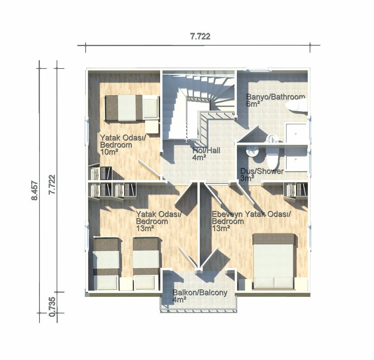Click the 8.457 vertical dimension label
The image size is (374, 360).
click(x=35, y=191)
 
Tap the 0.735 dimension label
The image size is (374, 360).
click(x=52, y=307)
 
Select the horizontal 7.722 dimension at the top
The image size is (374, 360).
click(x=200, y=37)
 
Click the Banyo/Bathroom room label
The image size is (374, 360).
click(x=276, y=97)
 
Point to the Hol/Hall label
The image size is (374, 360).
click(x=206, y=150)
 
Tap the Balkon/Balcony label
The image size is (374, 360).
click(x=200, y=293)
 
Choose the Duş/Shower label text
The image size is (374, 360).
click(x=262, y=171)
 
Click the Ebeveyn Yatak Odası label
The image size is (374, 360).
click(x=251, y=214)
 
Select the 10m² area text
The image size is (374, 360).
click(x=109, y=152)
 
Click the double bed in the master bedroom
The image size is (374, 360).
click(x=274, y=261)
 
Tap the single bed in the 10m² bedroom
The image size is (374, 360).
click(x=132, y=108)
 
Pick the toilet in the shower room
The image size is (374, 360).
click(x=273, y=158)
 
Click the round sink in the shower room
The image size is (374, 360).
click(x=252, y=152)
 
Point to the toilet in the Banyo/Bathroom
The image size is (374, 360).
click(x=297, y=105)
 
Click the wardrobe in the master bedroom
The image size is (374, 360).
click(x=295, y=191)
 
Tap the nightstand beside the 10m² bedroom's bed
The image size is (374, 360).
click(x=152, y=127)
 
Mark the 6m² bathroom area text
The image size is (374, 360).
click(x=253, y=104)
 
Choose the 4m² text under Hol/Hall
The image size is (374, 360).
click(x=199, y=157)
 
